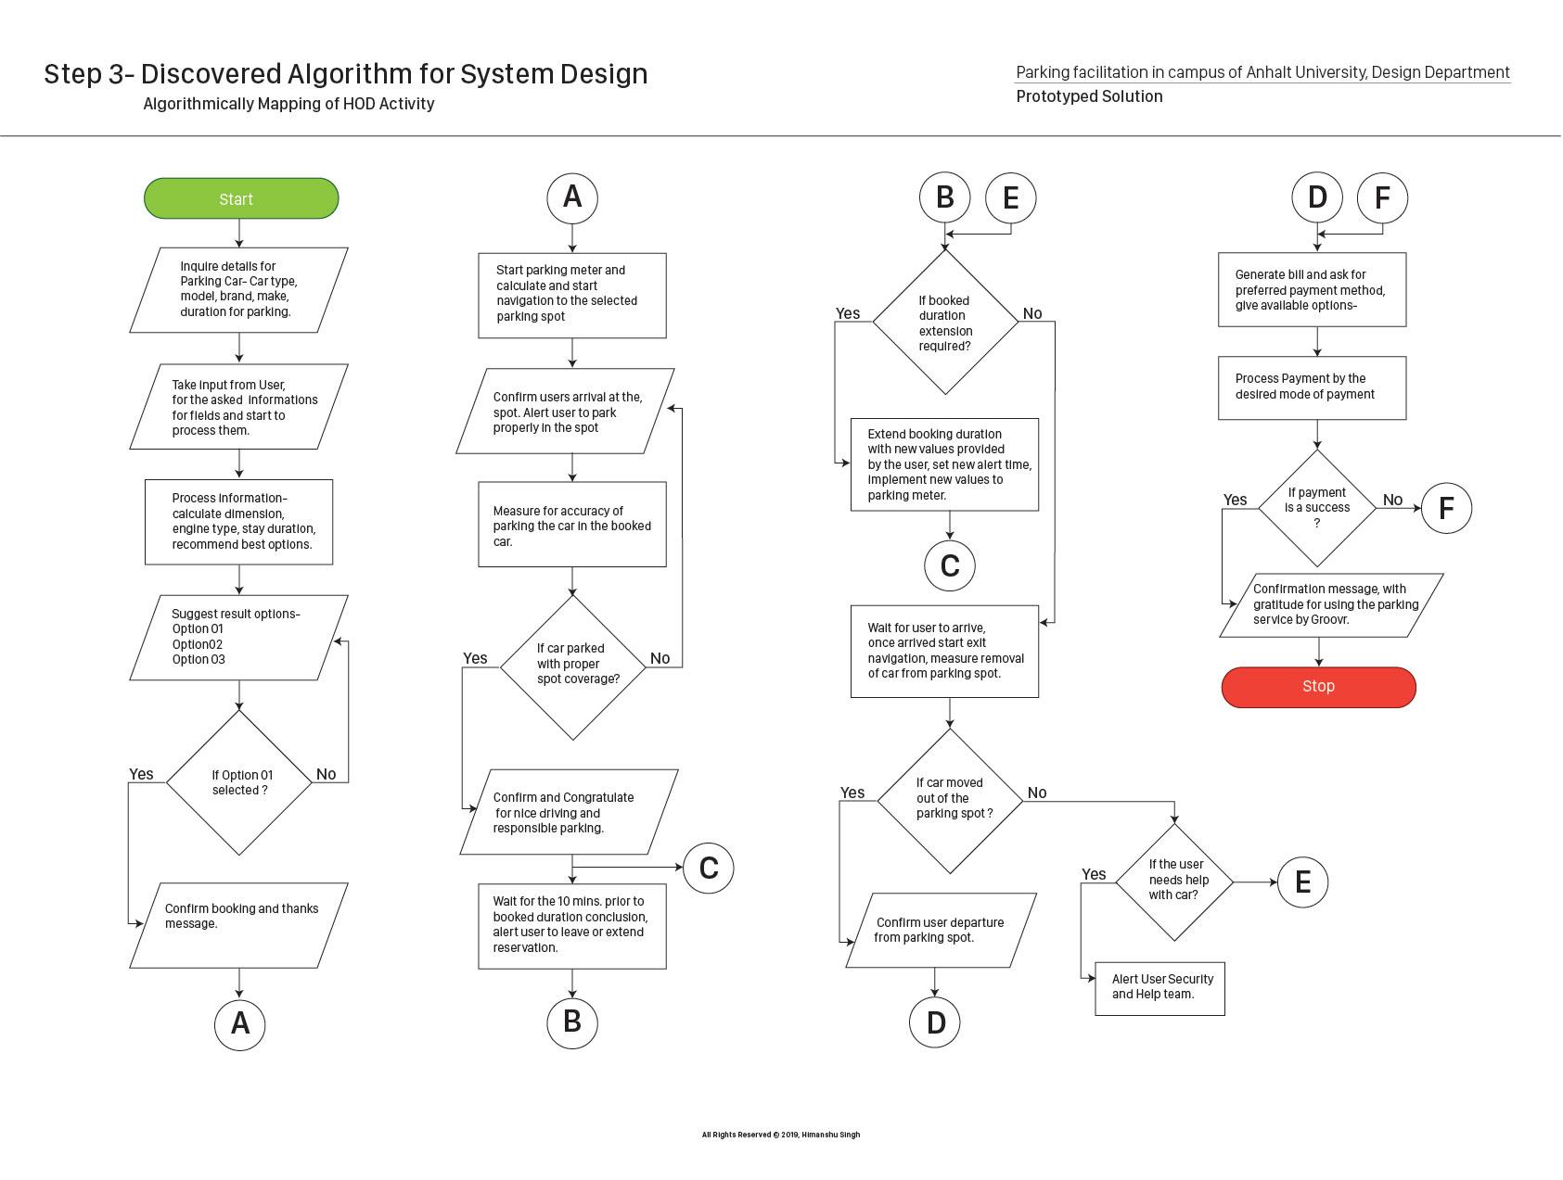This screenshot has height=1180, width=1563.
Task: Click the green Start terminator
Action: [241, 198]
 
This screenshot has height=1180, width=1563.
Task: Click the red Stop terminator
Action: [1318, 687]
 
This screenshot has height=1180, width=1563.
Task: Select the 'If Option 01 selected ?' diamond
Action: [239, 782]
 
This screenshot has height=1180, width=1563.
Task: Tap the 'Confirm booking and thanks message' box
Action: [239, 925]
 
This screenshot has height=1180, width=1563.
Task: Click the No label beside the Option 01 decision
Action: [326, 774]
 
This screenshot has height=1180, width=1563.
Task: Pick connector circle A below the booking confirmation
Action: [240, 1023]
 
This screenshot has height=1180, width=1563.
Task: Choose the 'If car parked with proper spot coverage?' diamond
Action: [573, 666]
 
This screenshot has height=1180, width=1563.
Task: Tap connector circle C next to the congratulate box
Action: [709, 868]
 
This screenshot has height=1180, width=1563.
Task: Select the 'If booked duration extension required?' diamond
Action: [945, 323]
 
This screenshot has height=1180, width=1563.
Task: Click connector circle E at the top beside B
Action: [1011, 197]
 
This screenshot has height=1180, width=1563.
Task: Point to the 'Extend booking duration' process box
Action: [944, 464]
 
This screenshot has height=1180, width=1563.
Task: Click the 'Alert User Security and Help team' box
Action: [1159, 988]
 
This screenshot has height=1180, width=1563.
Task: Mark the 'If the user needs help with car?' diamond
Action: [1175, 882]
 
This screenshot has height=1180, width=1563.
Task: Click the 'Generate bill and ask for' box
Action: [1312, 289]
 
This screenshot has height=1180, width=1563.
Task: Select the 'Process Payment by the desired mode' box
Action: [1312, 387]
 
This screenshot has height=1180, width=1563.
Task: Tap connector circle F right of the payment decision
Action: [1446, 508]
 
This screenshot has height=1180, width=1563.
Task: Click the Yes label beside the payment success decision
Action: [1235, 500]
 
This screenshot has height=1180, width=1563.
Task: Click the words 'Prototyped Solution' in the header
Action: [1089, 96]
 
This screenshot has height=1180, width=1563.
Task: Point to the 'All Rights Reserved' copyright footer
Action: [781, 1135]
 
